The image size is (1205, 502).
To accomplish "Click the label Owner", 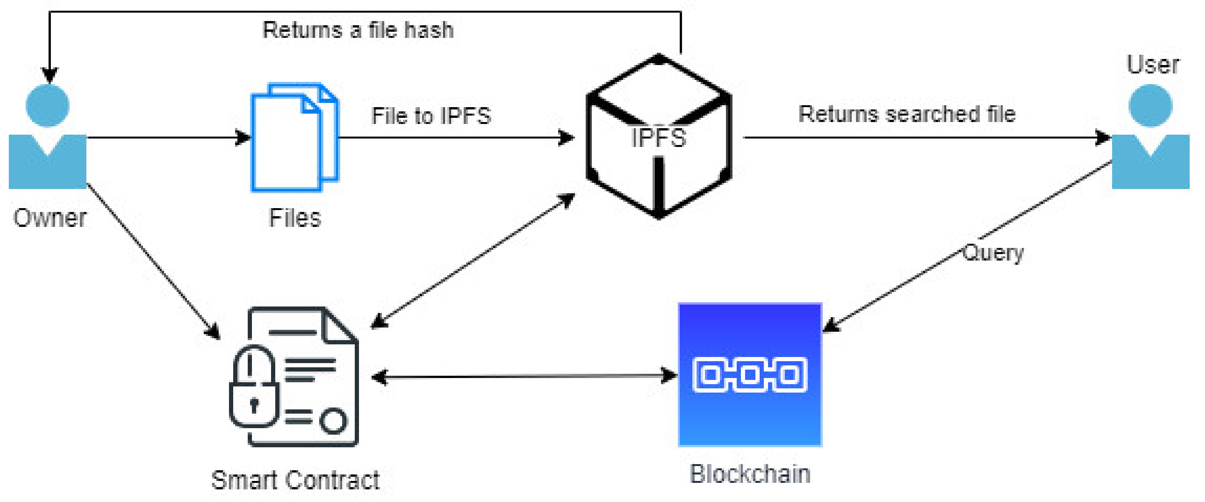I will pyautogui.click(x=50, y=218).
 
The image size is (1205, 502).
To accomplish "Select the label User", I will pyautogui.click(x=1153, y=65).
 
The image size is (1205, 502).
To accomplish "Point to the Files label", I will pyautogui.click(x=295, y=218).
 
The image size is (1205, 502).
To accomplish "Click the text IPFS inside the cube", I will pyautogui.click(x=658, y=138).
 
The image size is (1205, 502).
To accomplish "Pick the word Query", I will pyautogui.click(x=992, y=253).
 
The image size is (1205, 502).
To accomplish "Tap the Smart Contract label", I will pyautogui.click(x=295, y=480).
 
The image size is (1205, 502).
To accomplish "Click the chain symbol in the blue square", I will pyautogui.click(x=749, y=375).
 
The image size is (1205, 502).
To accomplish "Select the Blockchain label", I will pyautogui.click(x=750, y=474).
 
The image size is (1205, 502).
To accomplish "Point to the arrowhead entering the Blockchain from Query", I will pyautogui.click(x=831, y=326).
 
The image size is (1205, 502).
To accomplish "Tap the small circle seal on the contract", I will pyautogui.click(x=333, y=420).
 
